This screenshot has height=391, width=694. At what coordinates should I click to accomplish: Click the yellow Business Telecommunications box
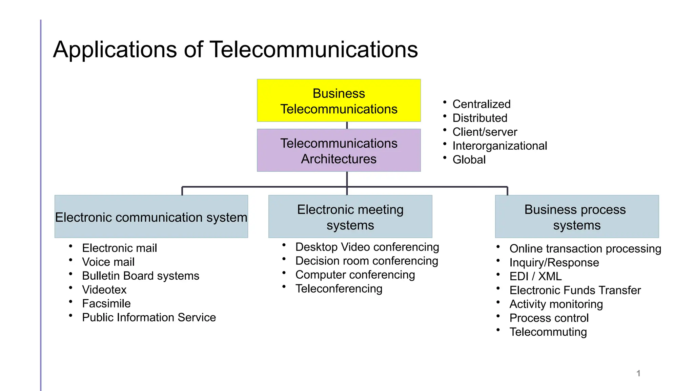[x=339, y=101]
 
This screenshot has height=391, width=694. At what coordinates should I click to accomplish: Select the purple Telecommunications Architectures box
[x=339, y=150]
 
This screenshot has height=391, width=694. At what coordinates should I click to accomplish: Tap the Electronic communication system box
[x=151, y=217]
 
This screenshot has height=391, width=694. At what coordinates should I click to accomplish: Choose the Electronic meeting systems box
[x=350, y=217]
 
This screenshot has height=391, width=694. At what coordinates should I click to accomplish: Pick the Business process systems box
[x=577, y=217]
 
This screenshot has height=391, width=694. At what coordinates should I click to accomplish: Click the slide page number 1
[x=638, y=373]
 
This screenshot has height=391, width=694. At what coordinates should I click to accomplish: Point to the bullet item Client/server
[x=485, y=132]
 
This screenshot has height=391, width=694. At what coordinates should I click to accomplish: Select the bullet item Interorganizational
[x=499, y=146]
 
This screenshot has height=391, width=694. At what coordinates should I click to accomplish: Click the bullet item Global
[x=469, y=160]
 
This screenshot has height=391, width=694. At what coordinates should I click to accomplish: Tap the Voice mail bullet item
[x=108, y=262]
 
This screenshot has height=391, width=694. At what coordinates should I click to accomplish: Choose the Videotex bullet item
[x=104, y=290]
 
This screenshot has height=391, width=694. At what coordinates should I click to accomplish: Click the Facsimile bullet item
[x=106, y=304]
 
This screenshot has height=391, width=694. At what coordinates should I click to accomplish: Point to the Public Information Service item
[x=149, y=318]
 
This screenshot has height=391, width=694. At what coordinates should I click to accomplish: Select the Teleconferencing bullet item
[x=339, y=289]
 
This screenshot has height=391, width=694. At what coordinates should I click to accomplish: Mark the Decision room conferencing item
[x=367, y=261]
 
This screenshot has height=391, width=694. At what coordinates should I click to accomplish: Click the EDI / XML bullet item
[x=535, y=277]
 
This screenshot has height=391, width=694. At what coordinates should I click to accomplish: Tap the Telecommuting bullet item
[x=548, y=332]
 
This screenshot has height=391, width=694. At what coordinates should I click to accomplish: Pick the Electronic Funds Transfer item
[x=575, y=291]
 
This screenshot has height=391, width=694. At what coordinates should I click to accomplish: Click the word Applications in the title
[x=115, y=50]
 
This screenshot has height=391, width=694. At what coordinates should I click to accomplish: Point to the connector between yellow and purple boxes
[x=347, y=125]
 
